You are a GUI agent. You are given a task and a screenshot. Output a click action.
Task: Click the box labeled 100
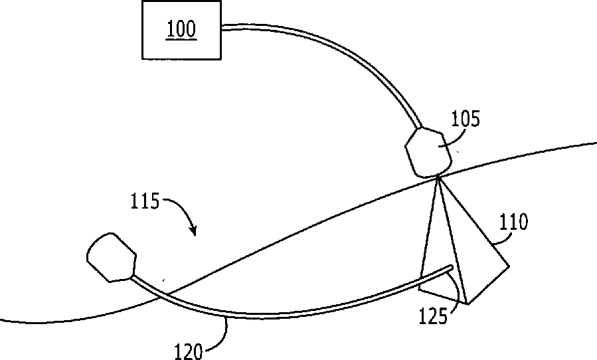pyautogui.click(x=181, y=31)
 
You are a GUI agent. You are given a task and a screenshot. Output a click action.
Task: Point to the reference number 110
pyautogui.click(x=515, y=222)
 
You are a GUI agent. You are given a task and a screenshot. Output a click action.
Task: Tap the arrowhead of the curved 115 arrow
pyautogui.click(x=194, y=233)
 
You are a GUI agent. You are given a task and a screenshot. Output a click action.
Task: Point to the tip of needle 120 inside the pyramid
pyautogui.click(x=452, y=268)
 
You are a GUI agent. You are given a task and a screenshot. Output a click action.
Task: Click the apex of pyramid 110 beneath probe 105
pyautogui.click(x=438, y=177)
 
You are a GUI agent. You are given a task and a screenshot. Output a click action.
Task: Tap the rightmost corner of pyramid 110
pyautogui.click(x=509, y=266)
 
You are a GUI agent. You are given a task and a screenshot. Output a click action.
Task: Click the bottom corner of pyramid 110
pyautogui.click(x=468, y=304)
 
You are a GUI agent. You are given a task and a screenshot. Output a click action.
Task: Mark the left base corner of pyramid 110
pyautogui.click(x=419, y=290)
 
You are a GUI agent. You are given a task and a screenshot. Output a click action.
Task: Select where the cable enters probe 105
pyautogui.click(x=418, y=127)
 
